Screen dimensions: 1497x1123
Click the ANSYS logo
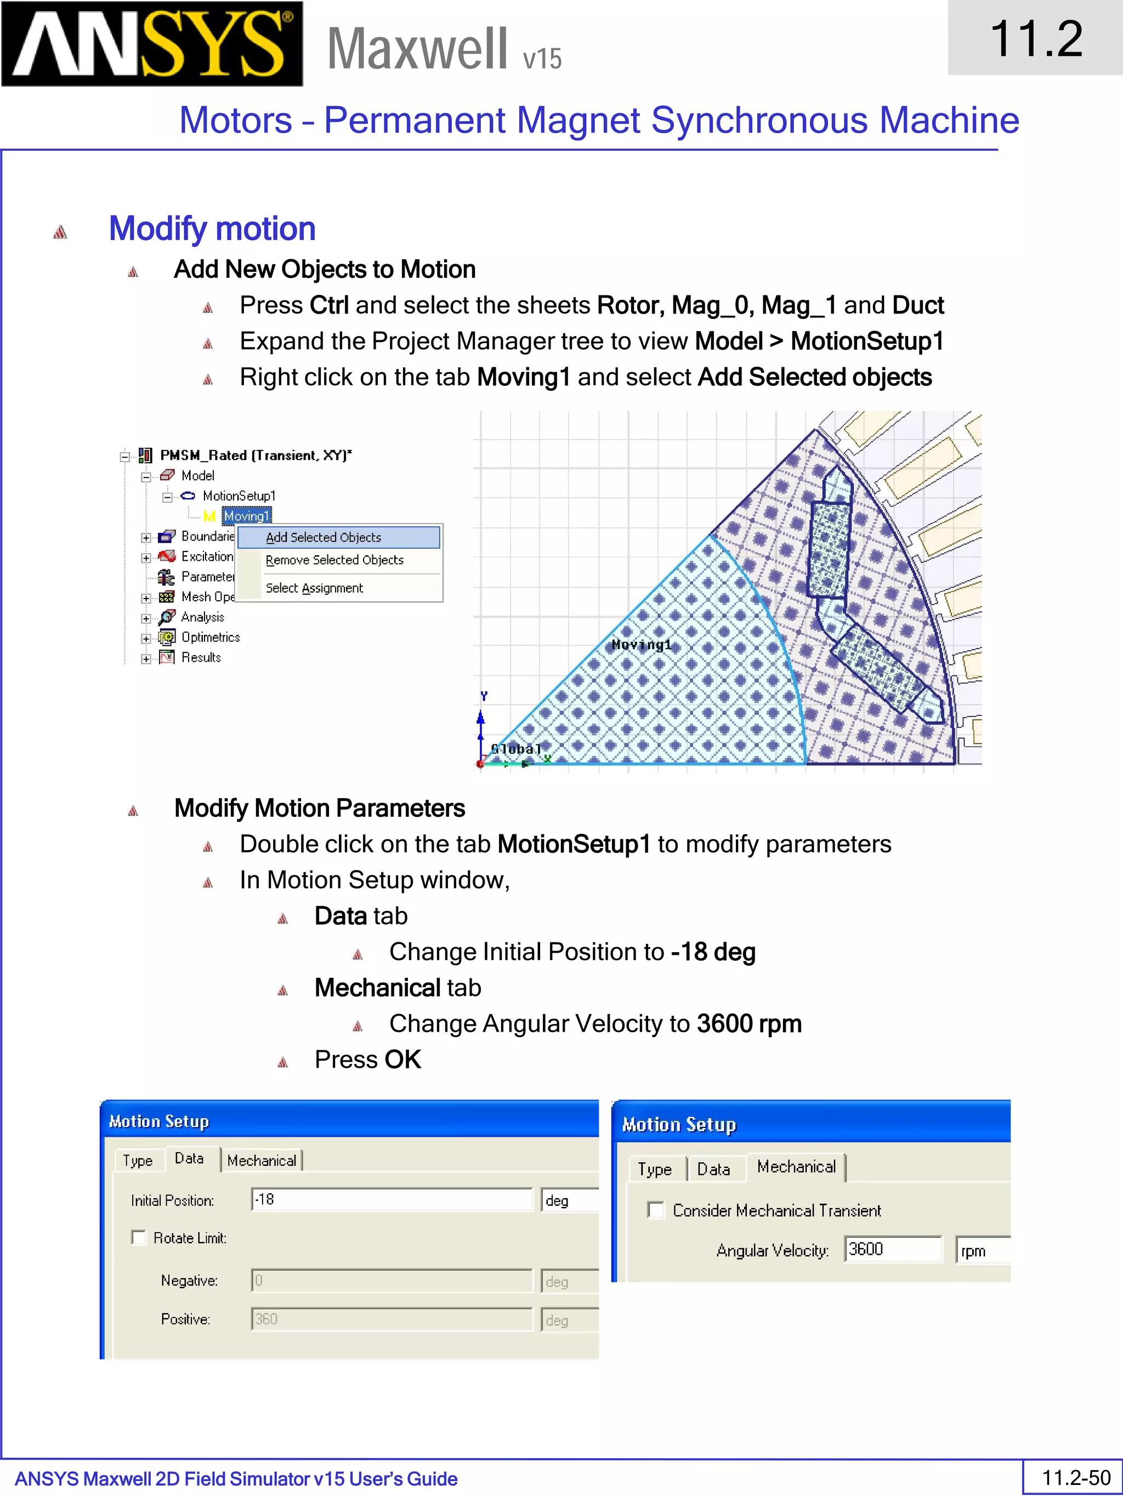pos(152,43)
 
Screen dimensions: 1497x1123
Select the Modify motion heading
pos(212,229)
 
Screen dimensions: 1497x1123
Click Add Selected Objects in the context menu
pos(324,537)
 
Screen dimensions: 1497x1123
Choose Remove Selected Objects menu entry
pos(334,560)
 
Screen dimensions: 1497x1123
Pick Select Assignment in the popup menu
pos(314,588)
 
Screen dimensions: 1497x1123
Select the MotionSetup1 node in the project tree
pos(239,496)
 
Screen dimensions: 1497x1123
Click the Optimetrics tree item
pos(211,637)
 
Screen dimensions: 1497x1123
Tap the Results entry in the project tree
pos(201,658)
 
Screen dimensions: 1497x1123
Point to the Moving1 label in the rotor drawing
pos(641,645)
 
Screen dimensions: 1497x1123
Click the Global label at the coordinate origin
pos(516,749)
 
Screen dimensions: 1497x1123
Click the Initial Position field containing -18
pos(392,1200)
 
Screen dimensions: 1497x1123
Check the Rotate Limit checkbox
pos(139,1238)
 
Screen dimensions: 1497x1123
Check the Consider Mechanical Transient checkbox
pos(655,1210)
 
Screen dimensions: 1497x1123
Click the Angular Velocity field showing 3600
pos(892,1249)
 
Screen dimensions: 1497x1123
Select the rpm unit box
pos(982,1251)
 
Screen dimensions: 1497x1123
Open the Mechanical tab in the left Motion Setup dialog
pos(262,1160)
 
